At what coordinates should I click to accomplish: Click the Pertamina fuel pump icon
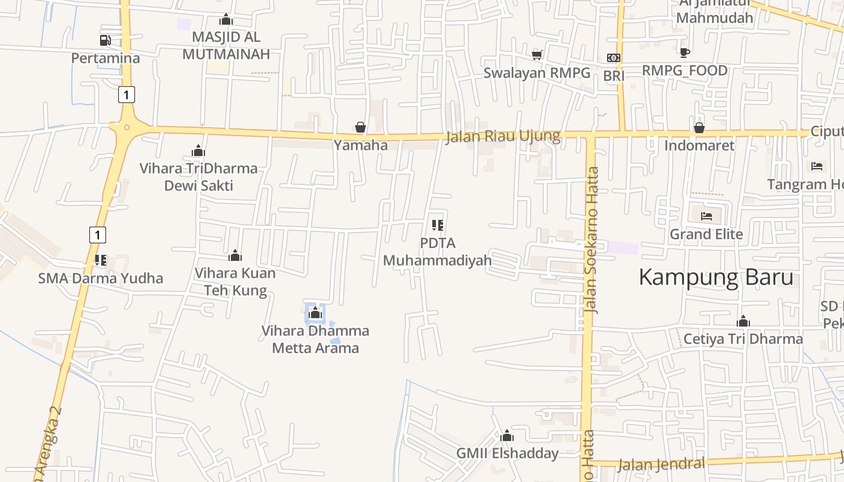click(105, 40)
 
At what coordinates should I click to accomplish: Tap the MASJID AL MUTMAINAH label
click(226, 45)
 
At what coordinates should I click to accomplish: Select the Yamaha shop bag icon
click(361, 127)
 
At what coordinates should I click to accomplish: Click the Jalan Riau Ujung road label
click(503, 136)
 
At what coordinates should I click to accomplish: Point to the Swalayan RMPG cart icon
click(537, 55)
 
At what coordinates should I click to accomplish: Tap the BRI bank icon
click(614, 58)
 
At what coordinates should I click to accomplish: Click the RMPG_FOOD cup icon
click(684, 52)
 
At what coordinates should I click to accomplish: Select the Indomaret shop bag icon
click(699, 128)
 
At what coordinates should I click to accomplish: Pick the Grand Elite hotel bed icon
click(707, 216)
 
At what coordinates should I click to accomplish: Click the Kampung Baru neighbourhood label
click(716, 278)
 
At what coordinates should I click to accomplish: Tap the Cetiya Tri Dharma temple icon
click(743, 321)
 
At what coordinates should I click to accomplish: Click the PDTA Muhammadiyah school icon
click(438, 225)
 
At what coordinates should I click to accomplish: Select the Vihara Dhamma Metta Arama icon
click(315, 313)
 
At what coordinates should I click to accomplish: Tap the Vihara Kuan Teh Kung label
click(235, 281)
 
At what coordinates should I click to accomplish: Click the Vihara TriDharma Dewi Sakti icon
click(198, 151)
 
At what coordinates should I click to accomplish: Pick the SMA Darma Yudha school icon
click(100, 260)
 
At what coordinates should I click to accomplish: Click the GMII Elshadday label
click(507, 453)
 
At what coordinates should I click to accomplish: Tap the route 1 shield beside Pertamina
click(126, 95)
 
